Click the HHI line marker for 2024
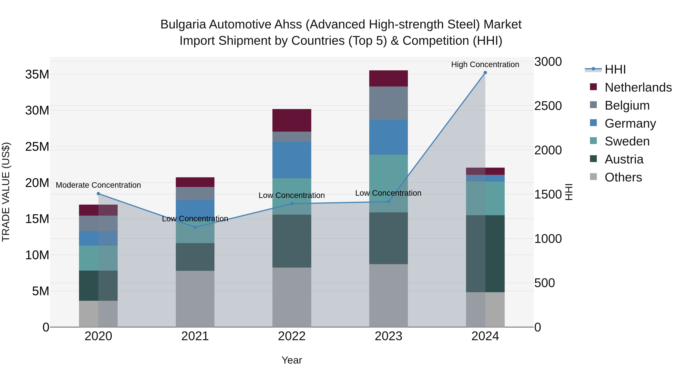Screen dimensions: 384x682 coord(485,73)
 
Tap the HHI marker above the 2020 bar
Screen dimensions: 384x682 coord(99,194)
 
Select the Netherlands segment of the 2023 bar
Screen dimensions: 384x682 coord(388,79)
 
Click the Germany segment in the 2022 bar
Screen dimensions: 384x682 coord(292,160)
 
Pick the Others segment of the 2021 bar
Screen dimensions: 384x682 coord(195,299)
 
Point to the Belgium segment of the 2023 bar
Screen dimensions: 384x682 coord(388,103)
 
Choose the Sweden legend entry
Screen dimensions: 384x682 coord(627,141)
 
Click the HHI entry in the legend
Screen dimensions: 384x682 coord(615,69)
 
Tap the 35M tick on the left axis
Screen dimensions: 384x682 coord(37,75)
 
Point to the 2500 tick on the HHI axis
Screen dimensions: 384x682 coord(548,106)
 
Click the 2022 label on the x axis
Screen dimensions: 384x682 coord(292,336)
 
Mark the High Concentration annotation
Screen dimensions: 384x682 coord(485,64)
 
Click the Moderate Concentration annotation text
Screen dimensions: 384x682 coord(99,185)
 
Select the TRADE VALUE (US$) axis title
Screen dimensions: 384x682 coord(6,192)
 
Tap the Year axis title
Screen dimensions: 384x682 coord(292,360)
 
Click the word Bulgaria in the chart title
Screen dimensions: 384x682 coord(183,24)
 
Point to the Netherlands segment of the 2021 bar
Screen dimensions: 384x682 coord(195,182)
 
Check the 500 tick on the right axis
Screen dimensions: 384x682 coord(544,283)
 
